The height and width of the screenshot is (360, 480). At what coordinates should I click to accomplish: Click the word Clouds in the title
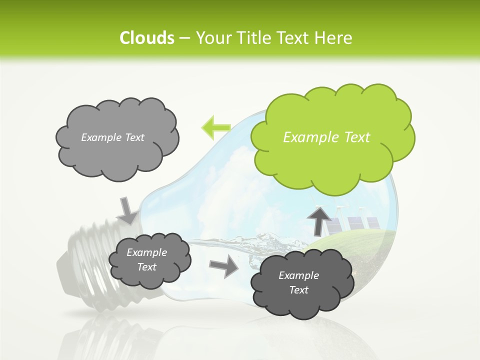(146, 38)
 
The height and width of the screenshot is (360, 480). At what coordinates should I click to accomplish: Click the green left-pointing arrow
(215, 127)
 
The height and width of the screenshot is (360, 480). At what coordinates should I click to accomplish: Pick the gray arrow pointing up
(318, 220)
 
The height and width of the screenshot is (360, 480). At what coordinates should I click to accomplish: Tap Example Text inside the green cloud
(326, 137)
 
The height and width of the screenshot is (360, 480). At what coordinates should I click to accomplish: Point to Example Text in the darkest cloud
(298, 282)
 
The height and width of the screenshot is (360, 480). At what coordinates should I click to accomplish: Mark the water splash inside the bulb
(260, 244)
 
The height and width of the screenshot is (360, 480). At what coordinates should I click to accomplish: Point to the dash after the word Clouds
(184, 38)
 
